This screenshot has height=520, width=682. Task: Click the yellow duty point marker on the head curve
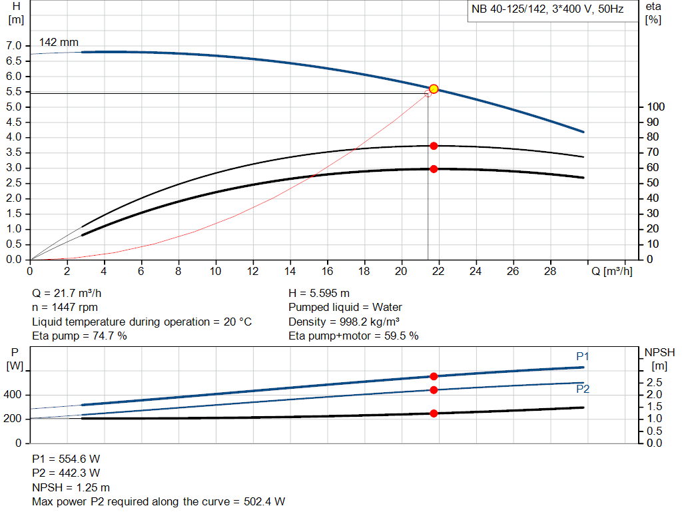[x=434, y=89]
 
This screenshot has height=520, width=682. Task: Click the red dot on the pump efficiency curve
[x=434, y=146]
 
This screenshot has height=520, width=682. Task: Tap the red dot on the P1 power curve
[x=434, y=376]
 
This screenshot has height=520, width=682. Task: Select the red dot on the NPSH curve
[x=434, y=413]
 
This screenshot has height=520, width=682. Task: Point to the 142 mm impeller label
[x=59, y=43]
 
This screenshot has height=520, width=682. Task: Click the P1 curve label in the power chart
[x=583, y=357]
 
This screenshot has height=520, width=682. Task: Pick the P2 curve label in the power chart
[x=583, y=389]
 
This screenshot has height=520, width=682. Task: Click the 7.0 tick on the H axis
[x=14, y=46]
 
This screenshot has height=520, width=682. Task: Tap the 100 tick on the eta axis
[x=656, y=107]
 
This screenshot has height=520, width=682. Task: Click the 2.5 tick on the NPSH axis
[x=654, y=382]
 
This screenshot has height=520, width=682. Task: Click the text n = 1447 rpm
[x=65, y=307]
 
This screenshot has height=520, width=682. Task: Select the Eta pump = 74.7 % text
[x=80, y=336]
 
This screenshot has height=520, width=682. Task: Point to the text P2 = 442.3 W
[x=66, y=473]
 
